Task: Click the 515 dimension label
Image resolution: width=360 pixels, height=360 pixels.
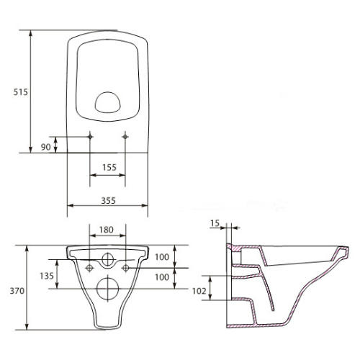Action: [x=21, y=92]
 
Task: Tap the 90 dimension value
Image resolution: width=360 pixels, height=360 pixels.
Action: [x=45, y=147]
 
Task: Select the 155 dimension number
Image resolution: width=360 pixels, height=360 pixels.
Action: [x=109, y=167]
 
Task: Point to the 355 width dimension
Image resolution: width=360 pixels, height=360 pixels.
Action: [x=108, y=200]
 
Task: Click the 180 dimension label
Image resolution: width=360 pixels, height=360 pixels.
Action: [x=107, y=230]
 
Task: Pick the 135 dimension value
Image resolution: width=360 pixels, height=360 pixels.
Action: [x=47, y=276]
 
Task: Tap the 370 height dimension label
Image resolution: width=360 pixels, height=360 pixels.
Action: [x=17, y=291]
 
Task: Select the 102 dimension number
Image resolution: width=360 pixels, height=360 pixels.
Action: [x=199, y=291]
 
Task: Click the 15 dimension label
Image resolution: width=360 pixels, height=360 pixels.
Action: [x=215, y=223]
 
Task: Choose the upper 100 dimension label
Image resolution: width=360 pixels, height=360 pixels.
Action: [x=162, y=257]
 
